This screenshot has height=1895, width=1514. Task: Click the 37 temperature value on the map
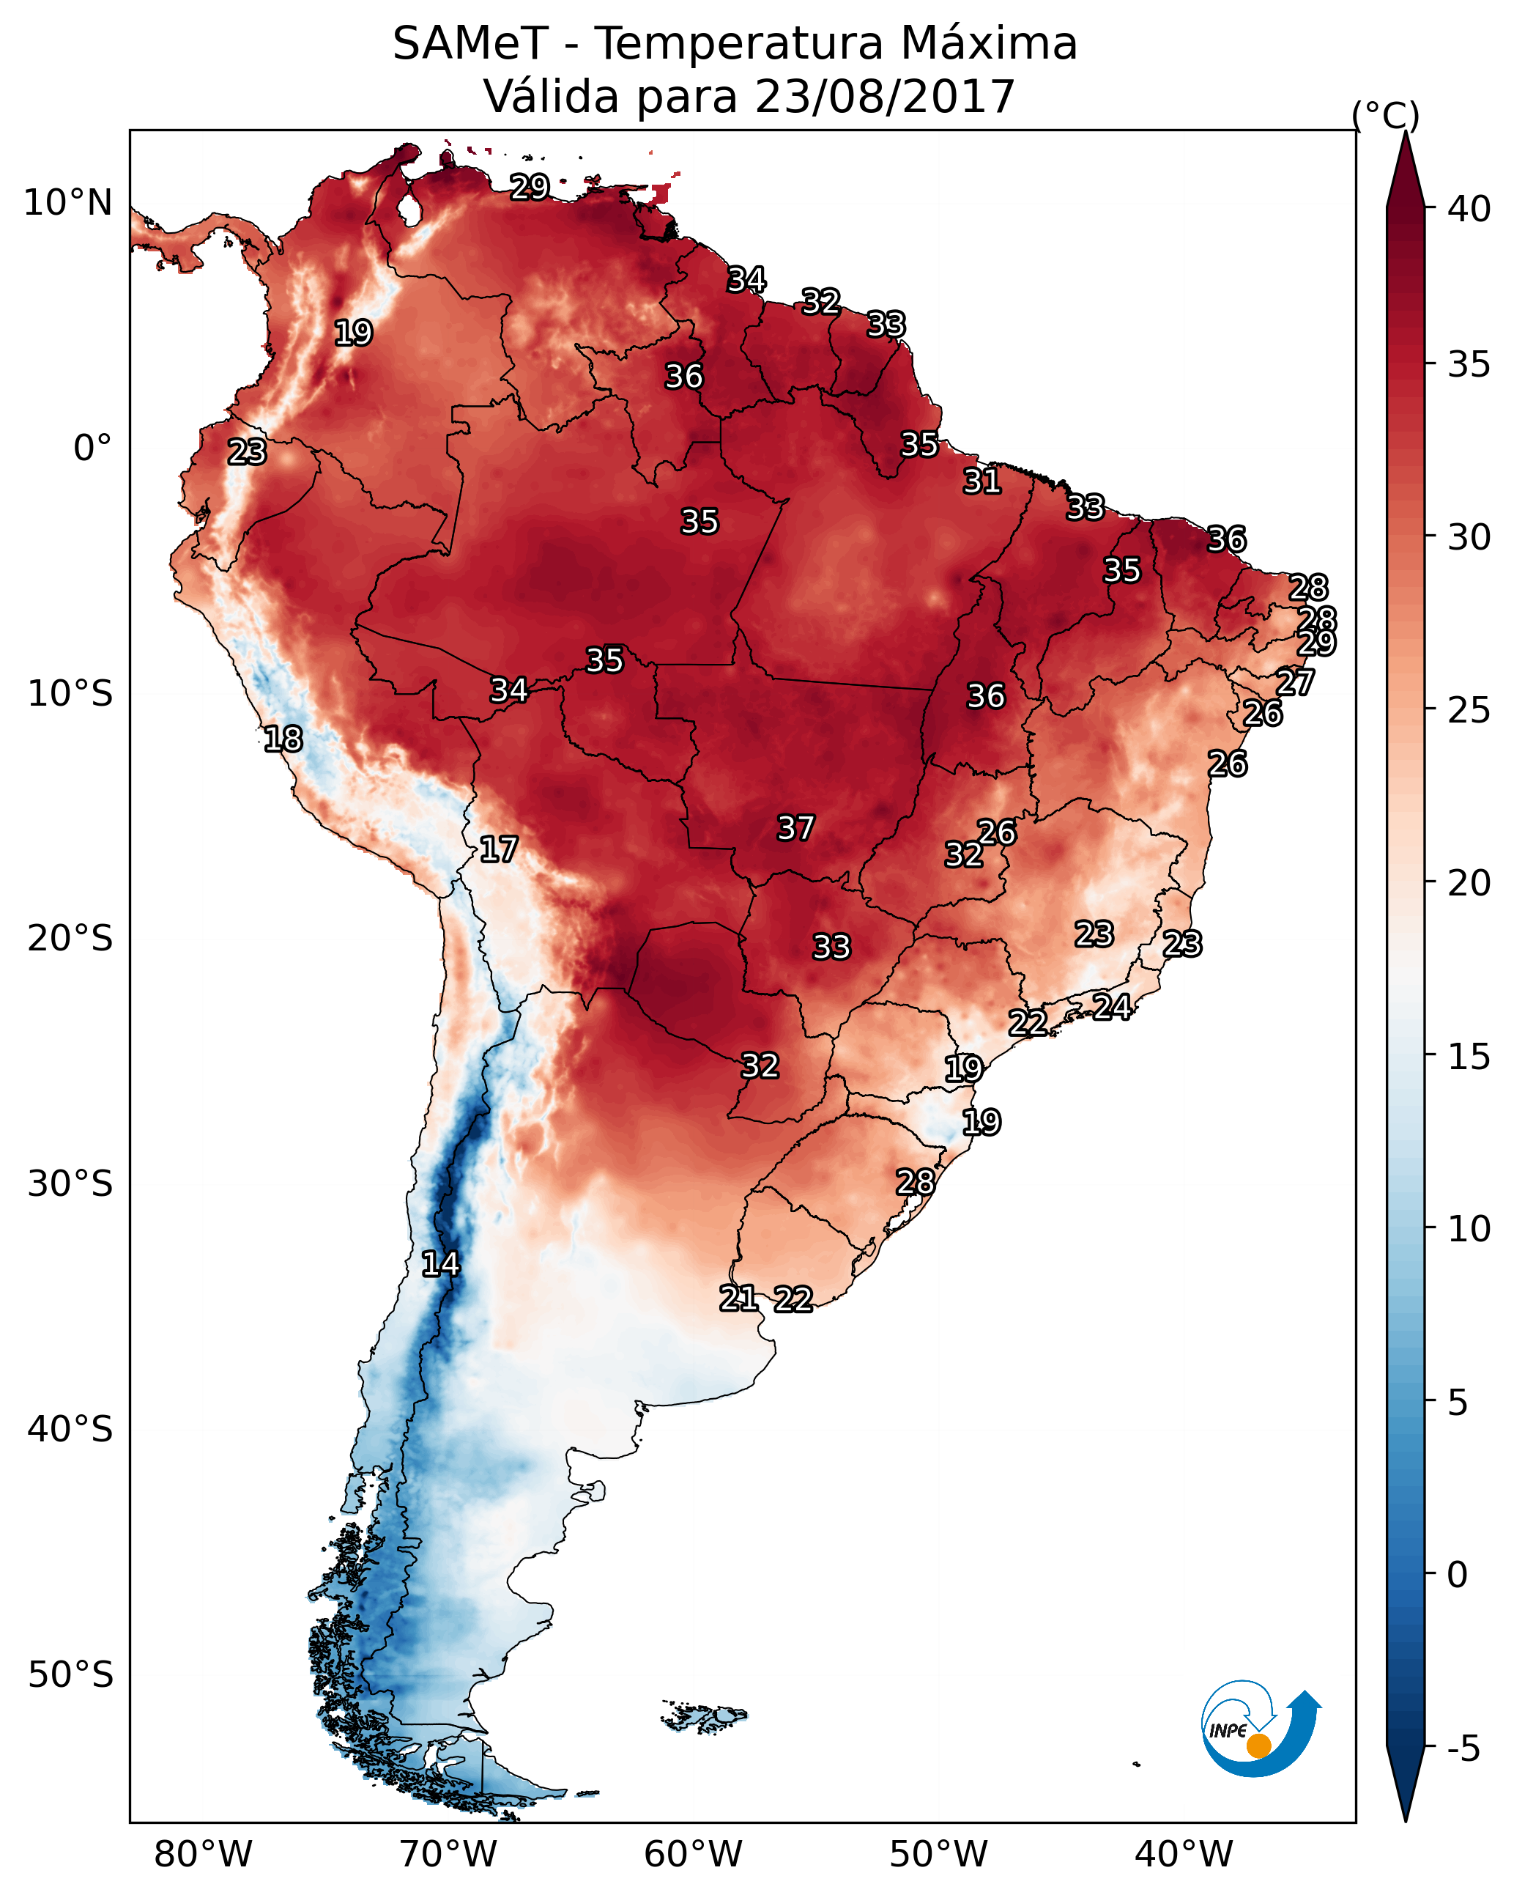click(x=795, y=828)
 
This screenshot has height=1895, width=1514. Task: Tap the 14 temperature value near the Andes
click(x=440, y=1264)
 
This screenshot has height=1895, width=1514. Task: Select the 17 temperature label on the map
click(x=498, y=849)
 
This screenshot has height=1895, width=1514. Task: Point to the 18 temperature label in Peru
click(x=283, y=739)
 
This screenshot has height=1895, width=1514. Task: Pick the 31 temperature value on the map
click(x=981, y=481)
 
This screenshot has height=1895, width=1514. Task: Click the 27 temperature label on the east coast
click(x=1295, y=682)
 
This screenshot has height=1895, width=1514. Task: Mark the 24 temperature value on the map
click(x=1112, y=1006)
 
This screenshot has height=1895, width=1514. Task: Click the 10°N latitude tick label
click(x=67, y=203)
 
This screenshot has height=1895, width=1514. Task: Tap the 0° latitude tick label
click(x=92, y=448)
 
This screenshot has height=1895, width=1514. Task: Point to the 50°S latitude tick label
click(x=70, y=1674)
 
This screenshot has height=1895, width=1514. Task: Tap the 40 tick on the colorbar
click(x=1469, y=209)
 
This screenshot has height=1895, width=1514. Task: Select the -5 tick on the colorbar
click(x=1463, y=1749)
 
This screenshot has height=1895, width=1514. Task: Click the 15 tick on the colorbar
click(x=1469, y=1057)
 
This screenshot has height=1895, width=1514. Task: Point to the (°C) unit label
click(x=1385, y=115)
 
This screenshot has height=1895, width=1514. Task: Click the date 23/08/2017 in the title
click(x=884, y=97)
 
